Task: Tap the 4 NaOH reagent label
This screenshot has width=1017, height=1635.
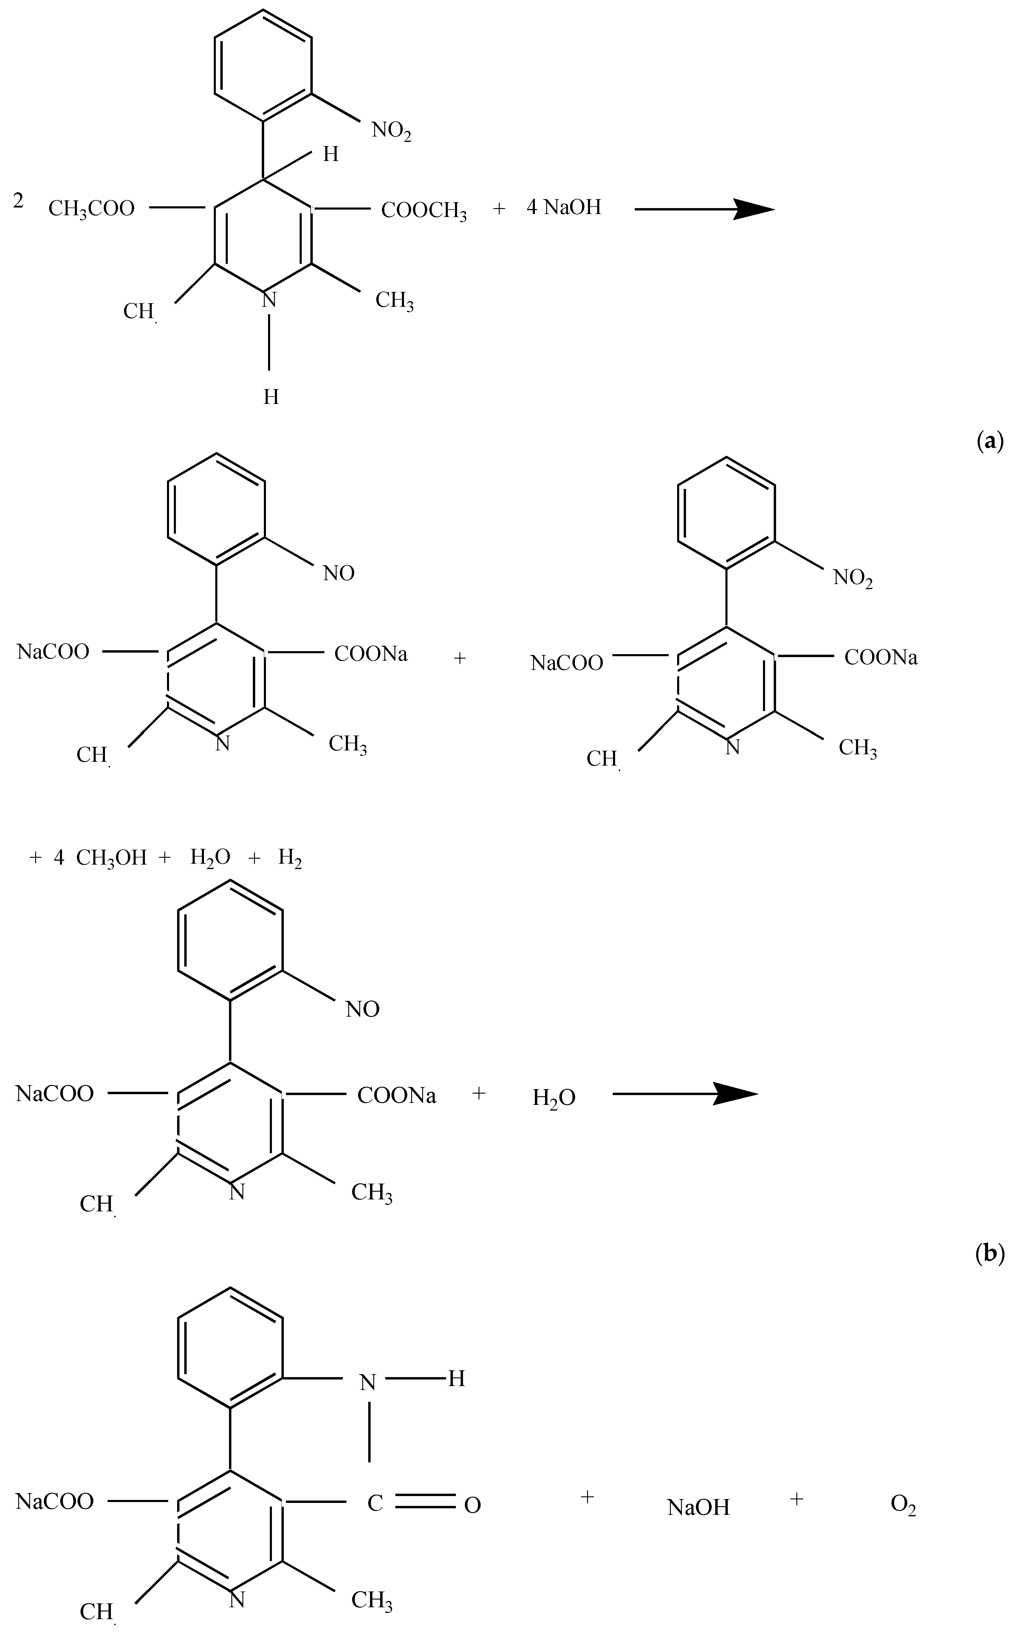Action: tap(564, 207)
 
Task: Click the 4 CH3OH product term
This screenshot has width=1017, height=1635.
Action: tap(101, 857)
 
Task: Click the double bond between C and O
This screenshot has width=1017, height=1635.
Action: tap(425, 1502)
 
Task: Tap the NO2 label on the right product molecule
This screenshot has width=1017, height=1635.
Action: tap(853, 578)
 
